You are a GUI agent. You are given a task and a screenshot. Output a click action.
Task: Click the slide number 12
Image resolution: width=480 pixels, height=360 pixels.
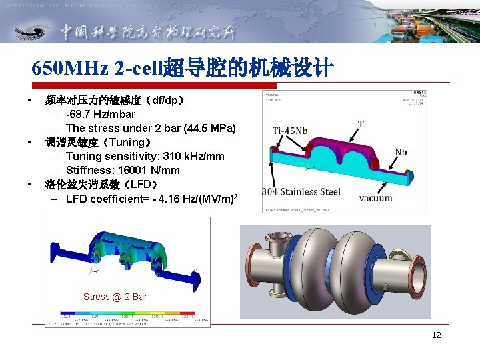pyautogui.click(x=436, y=335)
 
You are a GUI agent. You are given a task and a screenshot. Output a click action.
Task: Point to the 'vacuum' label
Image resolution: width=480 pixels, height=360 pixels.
pyautogui.click(x=375, y=197)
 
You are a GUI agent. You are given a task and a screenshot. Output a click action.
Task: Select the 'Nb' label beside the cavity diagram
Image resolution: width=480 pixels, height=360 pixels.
pyautogui.click(x=401, y=152)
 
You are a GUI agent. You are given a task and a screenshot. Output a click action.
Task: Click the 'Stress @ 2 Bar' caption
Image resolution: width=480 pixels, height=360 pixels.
pyautogui.click(x=115, y=297)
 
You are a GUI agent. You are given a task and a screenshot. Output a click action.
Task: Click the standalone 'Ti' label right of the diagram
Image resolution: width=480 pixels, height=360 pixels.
pyautogui.click(x=362, y=124)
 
